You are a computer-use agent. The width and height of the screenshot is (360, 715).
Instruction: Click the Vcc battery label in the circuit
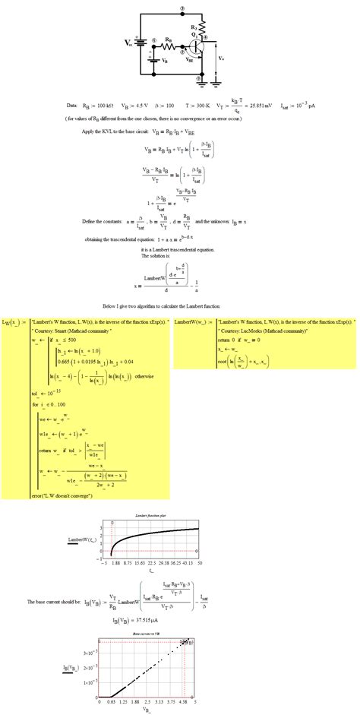pyautogui.click(x=128, y=43)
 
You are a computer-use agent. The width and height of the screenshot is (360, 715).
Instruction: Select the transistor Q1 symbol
pyautogui.click(x=197, y=46)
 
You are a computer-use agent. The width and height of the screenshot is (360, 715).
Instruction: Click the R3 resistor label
pyautogui.click(x=194, y=28)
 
